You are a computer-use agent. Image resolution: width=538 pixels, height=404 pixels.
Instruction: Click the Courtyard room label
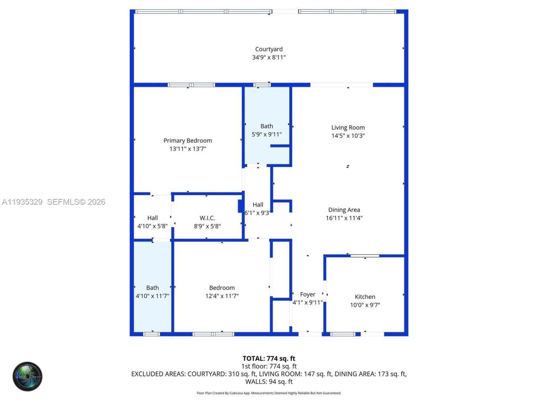pyautogui.click(x=269, y=49)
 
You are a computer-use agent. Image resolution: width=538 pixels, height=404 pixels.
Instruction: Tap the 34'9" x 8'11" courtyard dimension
pyautogui.click(x=269, y=57)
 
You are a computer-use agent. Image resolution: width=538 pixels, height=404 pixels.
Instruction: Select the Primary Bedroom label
pyautogui.click(x=187, y=141)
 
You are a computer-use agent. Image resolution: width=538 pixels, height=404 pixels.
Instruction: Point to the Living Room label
pyautogui.click(x=348, y=128)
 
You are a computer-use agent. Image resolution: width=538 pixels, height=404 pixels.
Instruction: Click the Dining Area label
pyautogui.click(x=344, y=210)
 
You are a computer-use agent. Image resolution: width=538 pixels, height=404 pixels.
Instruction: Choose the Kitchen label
pyautogui.click(x=365, y=297)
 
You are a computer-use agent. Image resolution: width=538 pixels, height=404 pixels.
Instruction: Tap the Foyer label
pyautogui.click(x=308, y=295)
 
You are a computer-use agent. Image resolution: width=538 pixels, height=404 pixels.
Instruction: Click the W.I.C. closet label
pyautogui.click(x=207, y=218)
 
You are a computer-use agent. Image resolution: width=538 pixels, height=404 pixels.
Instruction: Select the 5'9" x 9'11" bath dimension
pyautogui.click(x=266, y=134)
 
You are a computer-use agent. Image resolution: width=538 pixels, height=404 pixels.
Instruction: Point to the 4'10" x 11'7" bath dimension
pyautogui.click(x=153, y=296)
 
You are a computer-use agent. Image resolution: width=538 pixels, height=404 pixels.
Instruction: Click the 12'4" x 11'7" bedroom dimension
pyautogui.click(x=222, y=296)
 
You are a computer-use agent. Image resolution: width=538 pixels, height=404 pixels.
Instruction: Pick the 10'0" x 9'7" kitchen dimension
pyautogui.click(x=365, y=305)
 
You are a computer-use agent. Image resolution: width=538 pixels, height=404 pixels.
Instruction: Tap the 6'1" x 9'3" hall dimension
pyautogui.click(x=257, y=213)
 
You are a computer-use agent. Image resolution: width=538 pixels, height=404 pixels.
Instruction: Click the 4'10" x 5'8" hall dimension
pyautogui.click(x=153, y=226)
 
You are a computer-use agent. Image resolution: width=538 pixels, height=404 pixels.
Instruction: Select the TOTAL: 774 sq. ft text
pyautogui.click(x=269, y=359)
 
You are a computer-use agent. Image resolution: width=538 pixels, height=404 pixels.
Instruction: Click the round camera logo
pyautogui.click(x=27, y=376)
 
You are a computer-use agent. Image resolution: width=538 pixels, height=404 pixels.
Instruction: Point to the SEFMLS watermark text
pyautogui.click(x=76, y=202)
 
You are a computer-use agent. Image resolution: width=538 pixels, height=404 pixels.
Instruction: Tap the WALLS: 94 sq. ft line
pyautogui.click(x=269, y=382)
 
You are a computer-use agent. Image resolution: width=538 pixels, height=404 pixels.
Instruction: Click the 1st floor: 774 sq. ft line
pyautogui.click(x=269, y=366)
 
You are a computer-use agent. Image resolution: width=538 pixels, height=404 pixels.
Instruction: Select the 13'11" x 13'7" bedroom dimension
pyautogui.click(x=187, y=149)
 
